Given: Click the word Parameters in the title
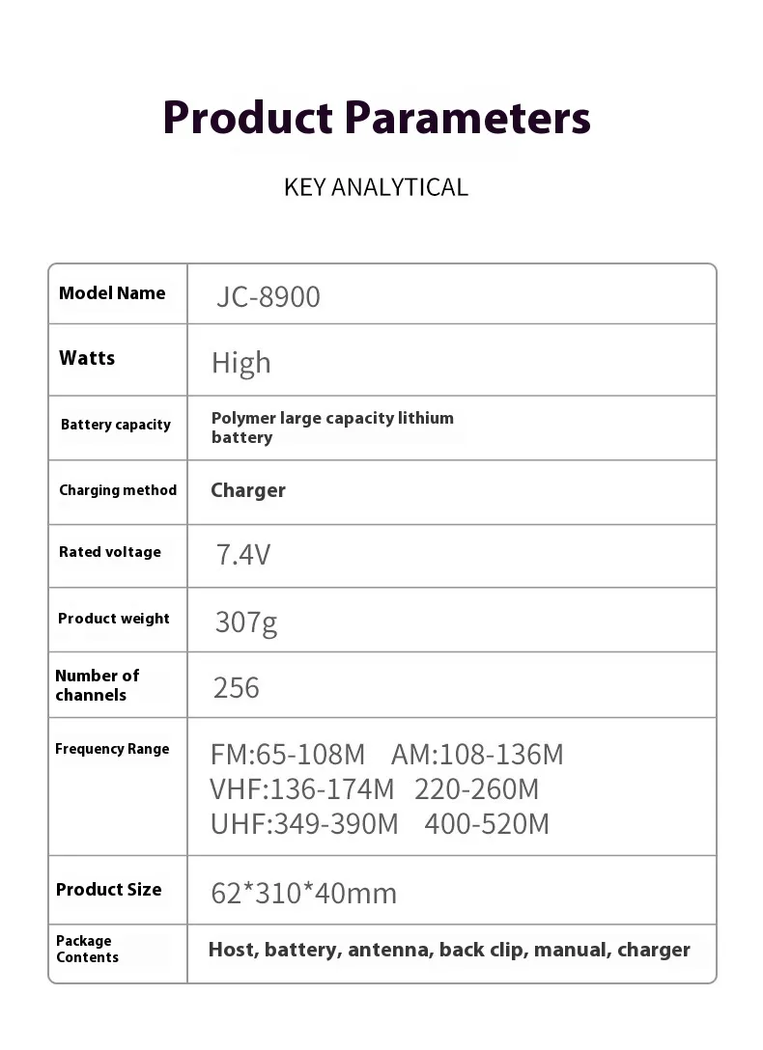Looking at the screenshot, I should pyautogui.click(x=467, y=118).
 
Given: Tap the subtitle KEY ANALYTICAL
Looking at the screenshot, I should pyautogui.click(x=376, y=187).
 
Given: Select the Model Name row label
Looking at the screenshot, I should pyautogui.click(x=112, y=293).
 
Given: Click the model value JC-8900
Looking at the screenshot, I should pyautogui.click(x=268, y=296).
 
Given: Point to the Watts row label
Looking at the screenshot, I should pyautogui.click(x=87, y=358).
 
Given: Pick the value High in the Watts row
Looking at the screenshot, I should pyautogui.click(x=241, y=363).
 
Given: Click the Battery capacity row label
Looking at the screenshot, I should pyautogui.click(x=115, y=425).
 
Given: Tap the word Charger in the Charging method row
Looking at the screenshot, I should pyautogui.click(x=248, y=490).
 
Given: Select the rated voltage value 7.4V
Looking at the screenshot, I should pyautogui.click(x=242, y=555).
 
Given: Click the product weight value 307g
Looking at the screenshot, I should pyautogui.click(x=245, y=622).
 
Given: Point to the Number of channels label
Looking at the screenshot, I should pyautogui.click(x=97, y=685).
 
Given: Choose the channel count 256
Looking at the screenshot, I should pyautogui.click(x=237, y=687).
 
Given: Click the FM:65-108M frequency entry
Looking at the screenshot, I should pyautogui.click(x=288, y=754).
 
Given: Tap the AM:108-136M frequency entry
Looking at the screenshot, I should pyautogui.click(x=477, y=754).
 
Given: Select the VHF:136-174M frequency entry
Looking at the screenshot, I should pyautogui.click(x=302, y=789).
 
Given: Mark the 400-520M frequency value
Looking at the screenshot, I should pyautogui.click(x=487, y=824).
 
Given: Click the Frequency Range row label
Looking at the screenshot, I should pyautogui.click(x=112, y=749).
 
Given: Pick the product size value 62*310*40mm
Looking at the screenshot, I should pyautogui.click(x=303, y=893).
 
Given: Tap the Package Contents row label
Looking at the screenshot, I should pyautogui.click(x=87, y=949).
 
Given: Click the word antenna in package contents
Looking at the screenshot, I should pyautogui.click(x=389, y=950).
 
